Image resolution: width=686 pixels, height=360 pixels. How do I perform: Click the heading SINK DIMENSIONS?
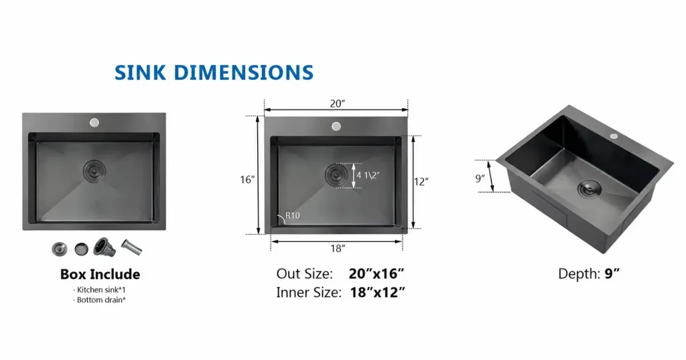tap(214, 72)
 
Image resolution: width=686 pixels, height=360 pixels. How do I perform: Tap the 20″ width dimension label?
tap(338, 103)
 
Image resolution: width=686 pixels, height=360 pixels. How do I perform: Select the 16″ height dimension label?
tap(247, 180)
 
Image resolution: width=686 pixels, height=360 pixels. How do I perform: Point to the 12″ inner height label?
tap(421, 181)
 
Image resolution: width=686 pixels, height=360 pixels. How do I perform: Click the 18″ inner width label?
tap(338, 248)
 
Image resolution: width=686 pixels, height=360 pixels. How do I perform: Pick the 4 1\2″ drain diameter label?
tap(368, 175)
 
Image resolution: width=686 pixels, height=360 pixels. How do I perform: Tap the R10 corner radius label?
tap(293, 215)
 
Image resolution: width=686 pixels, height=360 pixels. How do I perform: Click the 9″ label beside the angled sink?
tap(480, 178)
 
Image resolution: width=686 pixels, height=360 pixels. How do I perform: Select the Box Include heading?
tap(100, 274)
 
